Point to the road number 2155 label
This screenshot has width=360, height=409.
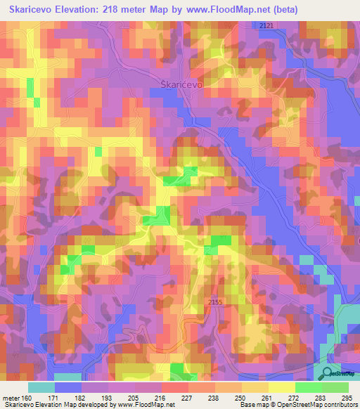(217, 301)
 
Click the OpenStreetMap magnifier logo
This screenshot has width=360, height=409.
(328, 373)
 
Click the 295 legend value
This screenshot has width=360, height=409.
(347, 398)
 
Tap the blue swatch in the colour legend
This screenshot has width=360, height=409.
(68, 387)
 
